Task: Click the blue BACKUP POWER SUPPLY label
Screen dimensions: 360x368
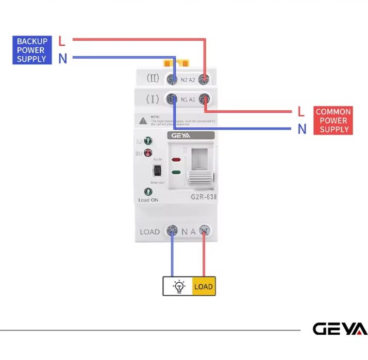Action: [x=32, y=50]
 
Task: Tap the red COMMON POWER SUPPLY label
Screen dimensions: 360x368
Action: [x=333, y=121]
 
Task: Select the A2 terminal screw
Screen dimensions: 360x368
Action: [x=204, y=79]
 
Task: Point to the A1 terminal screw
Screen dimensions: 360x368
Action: [x=204, y=99]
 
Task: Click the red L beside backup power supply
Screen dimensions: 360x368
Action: [x=62, y=41]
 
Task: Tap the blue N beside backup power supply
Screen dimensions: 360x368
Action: [x=62, y=58]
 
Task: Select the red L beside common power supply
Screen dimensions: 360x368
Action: [x=302, y=112]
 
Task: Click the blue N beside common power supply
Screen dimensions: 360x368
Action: [x=302, y=129]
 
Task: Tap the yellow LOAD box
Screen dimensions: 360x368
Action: [x=204, y=286]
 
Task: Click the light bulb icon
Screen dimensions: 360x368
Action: [x=178, y=286]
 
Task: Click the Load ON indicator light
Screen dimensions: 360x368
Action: [x=148, y=192]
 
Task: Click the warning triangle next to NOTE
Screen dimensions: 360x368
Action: [x=143, y=120]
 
